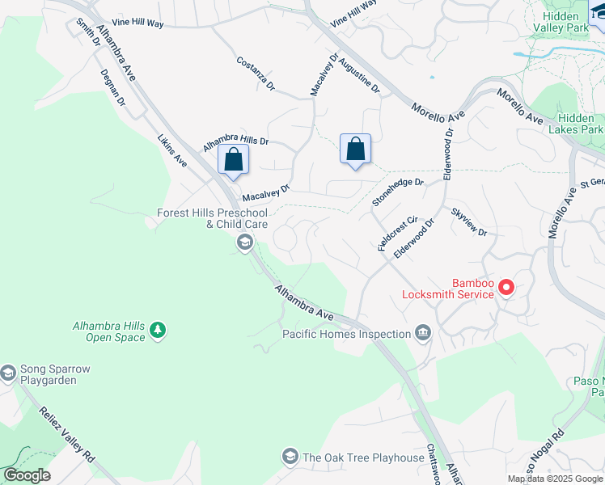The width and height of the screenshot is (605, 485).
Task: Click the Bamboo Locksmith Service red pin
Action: pyautogui.click(x=506, y=286)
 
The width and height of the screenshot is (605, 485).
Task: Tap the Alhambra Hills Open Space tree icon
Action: pyautogui.click(x=158, y=330)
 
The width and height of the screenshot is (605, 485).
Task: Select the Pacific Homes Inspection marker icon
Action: pyautogui.click(x=423, y=333)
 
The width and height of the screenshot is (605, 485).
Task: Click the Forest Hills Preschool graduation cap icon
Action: pyautogui.click(x=244, y=242)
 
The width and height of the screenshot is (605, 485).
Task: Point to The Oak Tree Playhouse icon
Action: pyautogui.click(x=290, y=458)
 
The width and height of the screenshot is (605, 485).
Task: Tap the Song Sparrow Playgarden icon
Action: pyautogui.click(x=8, y=373)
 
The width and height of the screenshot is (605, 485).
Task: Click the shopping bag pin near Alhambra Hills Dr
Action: pyautogui.click(x=233, y=160)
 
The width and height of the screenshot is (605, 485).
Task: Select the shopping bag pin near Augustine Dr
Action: pyautogui.click(x=355, y=150)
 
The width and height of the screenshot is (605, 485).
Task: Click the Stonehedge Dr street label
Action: pyautogui.click(x=397, y=192)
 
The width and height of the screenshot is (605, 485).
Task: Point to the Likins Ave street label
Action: pyautogui.click(x=172, y=151)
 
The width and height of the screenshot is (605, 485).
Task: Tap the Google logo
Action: pyautogui.click(x=26, y=475)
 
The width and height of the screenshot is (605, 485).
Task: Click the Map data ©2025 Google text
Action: pyautogui.click(x=554, y=479)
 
